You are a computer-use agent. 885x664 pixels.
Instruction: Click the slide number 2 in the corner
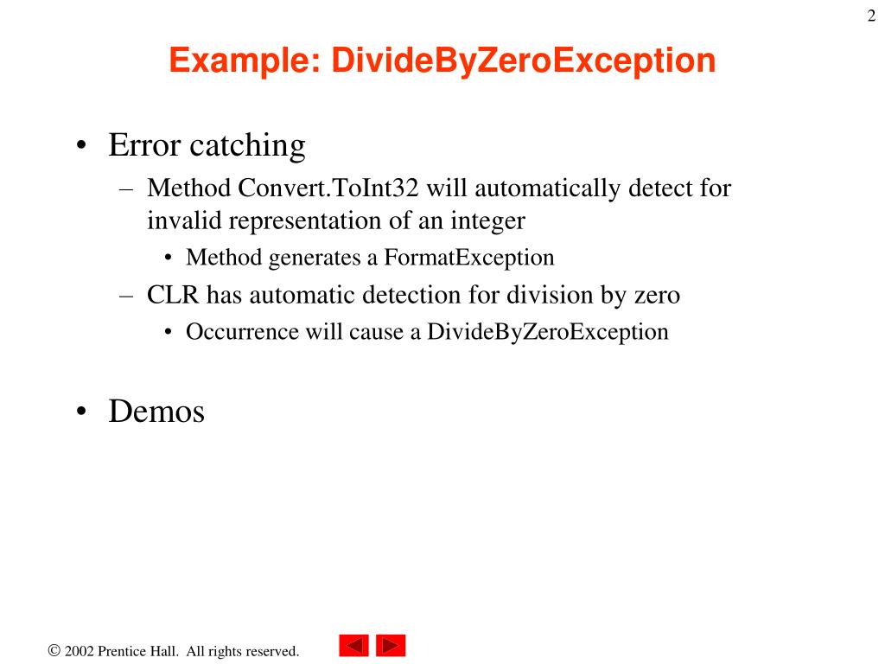pyautogui.click(x=871, y=16)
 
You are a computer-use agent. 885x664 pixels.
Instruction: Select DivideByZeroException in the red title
pyautogui.click(x=525, y=61)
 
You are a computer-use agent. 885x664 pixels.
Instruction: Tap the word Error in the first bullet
pyautogui.click(x=145, y=145)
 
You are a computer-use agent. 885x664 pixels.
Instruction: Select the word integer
pyautogui.click(x=487, y=220)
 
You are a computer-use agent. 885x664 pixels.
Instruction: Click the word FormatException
pyautogui.click(x=469, y=257)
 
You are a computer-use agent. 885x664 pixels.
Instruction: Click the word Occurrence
pyautogui.click(x=241, y=332)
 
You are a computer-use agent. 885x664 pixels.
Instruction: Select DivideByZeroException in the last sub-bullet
pyautogui.click(x=547, y=332)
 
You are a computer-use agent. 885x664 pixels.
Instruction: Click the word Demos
pyautogui.click(x=156, y=412)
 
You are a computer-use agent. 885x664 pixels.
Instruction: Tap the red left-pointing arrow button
pyautogui.click(x=353, y=646)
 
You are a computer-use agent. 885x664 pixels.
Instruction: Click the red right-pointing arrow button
pyautogui.click(x=391, y=646)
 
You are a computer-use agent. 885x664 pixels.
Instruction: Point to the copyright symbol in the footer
pyautogui.click(x=54, y=650)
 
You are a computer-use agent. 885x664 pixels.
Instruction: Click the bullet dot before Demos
pyautogui.click(x=80, y=412)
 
